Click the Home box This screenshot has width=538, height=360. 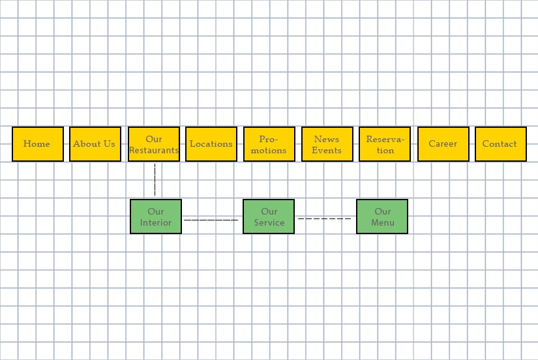(37, 144)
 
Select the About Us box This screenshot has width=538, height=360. (95, 144)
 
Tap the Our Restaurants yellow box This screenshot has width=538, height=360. (154, 144)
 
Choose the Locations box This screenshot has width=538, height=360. (211, 144)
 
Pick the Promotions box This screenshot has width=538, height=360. (269, 144)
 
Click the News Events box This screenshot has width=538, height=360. (327, 144)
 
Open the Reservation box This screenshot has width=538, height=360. (385, 144)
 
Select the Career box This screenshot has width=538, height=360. (443, 144)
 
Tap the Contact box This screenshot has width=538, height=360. (500, 144)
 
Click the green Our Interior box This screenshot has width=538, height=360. (156, 217)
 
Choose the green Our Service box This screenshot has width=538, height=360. (269, 217)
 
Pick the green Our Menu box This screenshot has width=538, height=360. (382, 217)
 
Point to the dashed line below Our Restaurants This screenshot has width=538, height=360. (155, 180)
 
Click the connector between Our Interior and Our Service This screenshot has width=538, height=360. (212, 220)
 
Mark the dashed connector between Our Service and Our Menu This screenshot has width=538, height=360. (325, 219)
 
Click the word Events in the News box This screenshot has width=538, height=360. (327, 151)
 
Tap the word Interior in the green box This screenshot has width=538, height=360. (156, 222)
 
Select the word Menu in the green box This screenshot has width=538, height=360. (383, 222)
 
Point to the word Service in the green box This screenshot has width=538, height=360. (269, 222)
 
